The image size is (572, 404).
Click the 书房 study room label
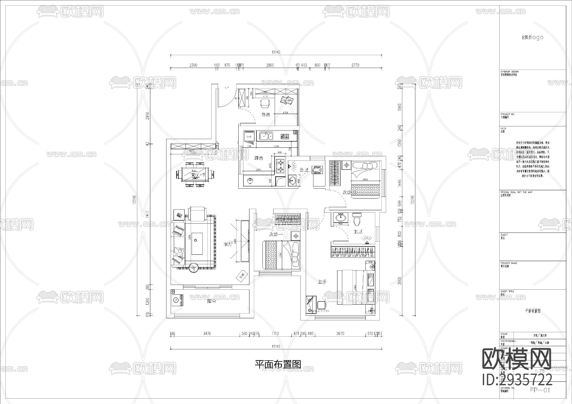point(266,115)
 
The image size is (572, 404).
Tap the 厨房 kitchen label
point(258,158)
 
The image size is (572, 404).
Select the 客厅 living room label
point(228,244)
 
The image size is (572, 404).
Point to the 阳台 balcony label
point(212,301)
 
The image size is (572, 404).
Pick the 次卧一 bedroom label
point(276,234)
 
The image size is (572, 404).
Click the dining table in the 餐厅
point(195,174)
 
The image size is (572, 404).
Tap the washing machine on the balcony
point(176,300)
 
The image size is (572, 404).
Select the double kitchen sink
point(265,137)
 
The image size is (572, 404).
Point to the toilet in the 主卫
point(357,219)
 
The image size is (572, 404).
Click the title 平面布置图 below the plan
point(278,364)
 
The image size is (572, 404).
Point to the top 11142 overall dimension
point(276,52)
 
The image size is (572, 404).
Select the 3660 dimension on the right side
point(400,281)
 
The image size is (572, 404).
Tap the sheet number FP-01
point(540,390)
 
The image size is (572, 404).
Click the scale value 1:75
point(540,371)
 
